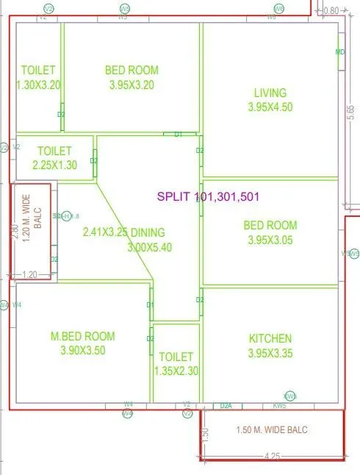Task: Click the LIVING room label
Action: (270, 93)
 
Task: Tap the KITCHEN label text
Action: (270, 339)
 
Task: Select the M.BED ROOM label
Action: (82, 337)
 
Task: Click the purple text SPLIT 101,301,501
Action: (208, 197)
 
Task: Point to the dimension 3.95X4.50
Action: (270, 107)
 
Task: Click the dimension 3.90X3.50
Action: (82, 351)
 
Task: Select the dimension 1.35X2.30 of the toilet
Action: (176, 371)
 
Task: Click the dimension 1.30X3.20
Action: (38, 85)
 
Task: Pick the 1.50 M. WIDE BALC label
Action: (272, 429)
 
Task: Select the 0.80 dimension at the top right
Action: (332, 10)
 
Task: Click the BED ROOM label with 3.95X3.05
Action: (270, 225)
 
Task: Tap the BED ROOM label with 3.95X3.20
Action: (132, 71)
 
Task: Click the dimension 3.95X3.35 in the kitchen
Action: (270, 353)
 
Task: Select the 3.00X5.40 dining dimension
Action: (150, 247)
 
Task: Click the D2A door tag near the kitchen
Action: (226, 405)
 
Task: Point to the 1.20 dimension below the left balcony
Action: (29, 274)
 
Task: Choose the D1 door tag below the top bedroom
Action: (178, 135)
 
